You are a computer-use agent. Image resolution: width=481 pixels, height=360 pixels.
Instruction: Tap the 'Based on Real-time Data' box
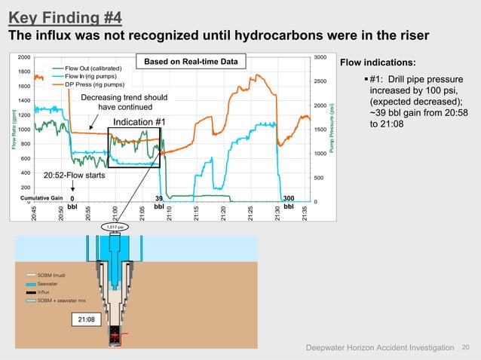[x=191, y=61]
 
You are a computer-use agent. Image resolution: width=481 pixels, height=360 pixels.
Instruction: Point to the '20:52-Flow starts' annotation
[x=74, y=175]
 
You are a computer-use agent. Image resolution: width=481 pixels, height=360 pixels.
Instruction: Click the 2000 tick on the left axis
[x=23, y=57]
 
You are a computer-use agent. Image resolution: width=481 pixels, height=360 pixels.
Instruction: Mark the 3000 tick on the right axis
[x=320, y=57]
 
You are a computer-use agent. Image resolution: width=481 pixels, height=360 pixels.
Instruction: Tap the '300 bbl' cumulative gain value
[x=288, y=200]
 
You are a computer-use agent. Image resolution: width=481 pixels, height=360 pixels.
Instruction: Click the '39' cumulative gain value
[x=159, y=197]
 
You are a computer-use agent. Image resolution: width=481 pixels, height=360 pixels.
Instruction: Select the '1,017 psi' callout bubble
[x=114, y=225]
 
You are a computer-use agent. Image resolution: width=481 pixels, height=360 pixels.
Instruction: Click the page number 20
[x=465, y=346]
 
